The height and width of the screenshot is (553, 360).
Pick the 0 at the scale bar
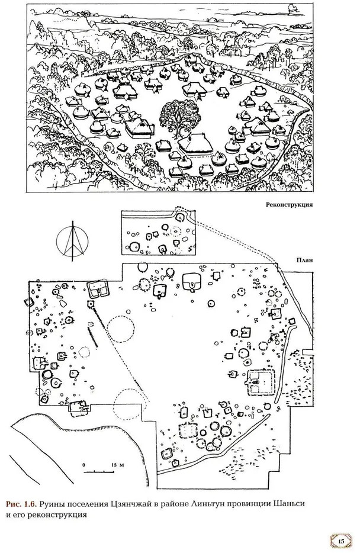coord(84,465)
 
